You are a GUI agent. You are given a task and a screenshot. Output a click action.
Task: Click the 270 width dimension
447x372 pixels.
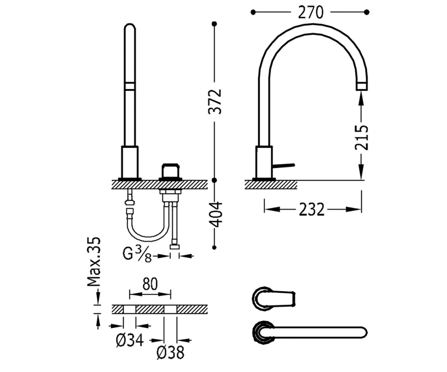311,12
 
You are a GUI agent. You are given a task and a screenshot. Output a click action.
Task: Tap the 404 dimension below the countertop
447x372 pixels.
216,214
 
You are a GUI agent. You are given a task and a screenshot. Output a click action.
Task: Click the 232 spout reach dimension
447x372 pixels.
311,209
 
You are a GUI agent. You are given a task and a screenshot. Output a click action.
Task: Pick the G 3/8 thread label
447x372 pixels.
137,255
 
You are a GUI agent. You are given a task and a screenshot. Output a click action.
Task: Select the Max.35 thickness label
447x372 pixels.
93,262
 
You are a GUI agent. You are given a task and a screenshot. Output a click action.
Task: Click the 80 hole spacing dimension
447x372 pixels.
150,284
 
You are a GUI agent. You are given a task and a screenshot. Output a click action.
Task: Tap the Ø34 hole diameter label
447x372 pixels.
130,341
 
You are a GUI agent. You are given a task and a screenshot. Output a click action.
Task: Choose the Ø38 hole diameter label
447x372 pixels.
170,353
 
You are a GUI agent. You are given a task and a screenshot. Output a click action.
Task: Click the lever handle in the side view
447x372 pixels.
283,166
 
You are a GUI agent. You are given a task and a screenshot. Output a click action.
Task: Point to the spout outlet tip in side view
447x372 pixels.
362,86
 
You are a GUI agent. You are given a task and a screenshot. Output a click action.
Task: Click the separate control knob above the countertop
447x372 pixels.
170,171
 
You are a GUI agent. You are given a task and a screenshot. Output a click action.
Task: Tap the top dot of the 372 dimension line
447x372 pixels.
214,24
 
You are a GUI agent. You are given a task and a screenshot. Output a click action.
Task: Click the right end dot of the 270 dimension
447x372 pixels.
367,12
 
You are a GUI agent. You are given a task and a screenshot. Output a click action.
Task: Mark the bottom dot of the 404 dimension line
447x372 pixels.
214,247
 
